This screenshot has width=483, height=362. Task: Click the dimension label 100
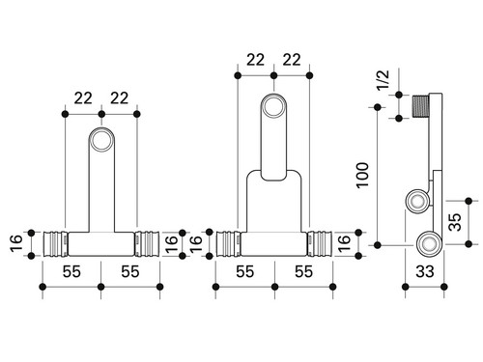(x=362, y=176)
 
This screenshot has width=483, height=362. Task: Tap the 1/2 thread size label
(x=384, y=80)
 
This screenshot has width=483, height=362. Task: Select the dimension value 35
(x=455, y=222)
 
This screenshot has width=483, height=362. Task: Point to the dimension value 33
(x=425, y=271)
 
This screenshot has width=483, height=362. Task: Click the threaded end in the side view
(x=420, y=106)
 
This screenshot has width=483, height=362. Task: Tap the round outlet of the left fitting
(x=101, y=140)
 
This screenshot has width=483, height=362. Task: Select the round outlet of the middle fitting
(x=273, y=106)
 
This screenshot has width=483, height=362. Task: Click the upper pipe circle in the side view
(x=417, y=201)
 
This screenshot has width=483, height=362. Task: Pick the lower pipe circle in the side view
(x=429, y=244)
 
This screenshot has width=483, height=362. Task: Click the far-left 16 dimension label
(x=16, y=243)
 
